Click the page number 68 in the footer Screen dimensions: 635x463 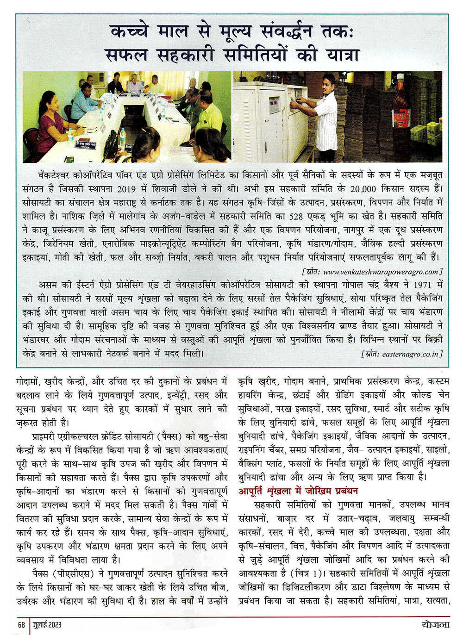pyautogui.click(x=21, y=624)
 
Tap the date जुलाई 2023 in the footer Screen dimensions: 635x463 pyautogui.click(x=47, y=624)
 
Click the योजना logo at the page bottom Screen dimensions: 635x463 pyautogui.click(x=435, y=624)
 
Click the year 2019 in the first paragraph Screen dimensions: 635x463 pyautogui.click(x=127, y=189)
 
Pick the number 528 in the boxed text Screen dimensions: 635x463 pyautogui.click(x=296, y=216)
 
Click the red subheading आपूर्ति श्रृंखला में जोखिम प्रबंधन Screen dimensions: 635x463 pyautogui.click(x=298, y=491)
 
